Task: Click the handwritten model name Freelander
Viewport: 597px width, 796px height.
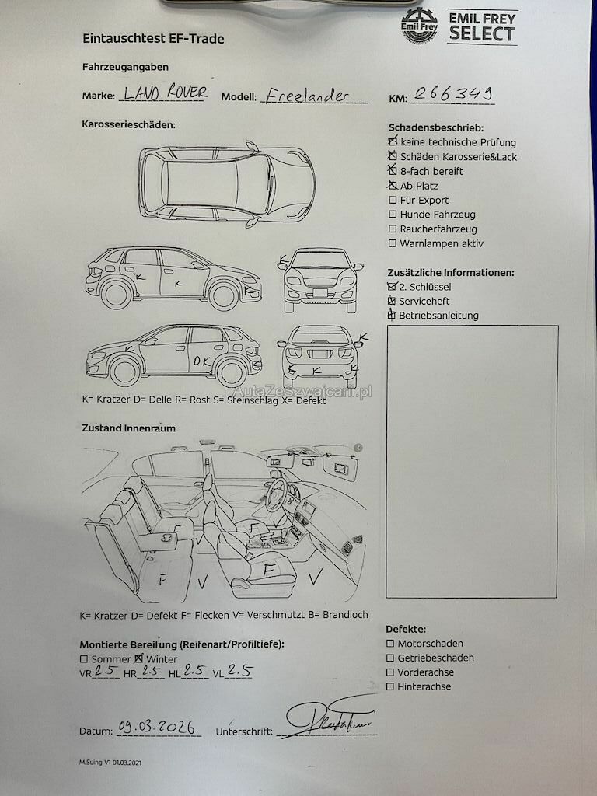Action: (x=307, y=95)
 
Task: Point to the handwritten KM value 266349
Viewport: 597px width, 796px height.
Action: (x=453, y=93)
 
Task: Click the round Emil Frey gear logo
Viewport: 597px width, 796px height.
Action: (x=419, y=26)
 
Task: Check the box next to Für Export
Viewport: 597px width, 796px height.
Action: (x=393, y=200)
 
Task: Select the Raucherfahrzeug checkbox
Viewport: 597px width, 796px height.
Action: (x=393, y=229)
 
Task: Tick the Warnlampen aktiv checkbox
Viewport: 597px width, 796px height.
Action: (x=393, y=243)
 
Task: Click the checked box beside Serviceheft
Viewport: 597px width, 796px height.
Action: (x=392, y=301)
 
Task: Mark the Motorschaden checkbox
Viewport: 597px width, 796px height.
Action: (x=390, y=644)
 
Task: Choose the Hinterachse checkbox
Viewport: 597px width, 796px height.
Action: (x=390, y=687)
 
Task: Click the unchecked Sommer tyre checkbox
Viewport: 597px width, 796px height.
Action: (x=84, y=659)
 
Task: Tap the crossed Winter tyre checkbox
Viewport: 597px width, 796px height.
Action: (x=138, y=658)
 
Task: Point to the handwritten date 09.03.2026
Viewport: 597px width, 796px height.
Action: (x=156, y=727)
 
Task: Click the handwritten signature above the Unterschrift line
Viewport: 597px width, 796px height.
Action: (x=330, y=717)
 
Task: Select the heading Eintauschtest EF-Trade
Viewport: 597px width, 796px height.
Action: (x=153, y=39)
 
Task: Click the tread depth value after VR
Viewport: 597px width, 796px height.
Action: (x=106, y=670)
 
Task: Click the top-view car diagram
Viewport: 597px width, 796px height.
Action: (x=227, y=183)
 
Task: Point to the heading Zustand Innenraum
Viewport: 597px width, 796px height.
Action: (x=129, y=428)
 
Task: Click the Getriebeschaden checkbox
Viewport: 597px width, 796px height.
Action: (x=390, y=658)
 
